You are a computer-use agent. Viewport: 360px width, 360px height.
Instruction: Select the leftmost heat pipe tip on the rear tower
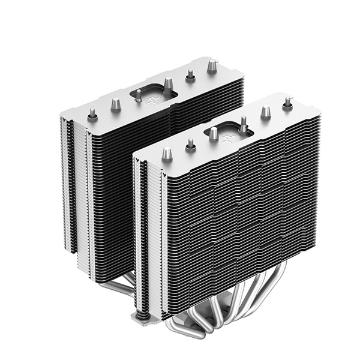click(x=93, y=112)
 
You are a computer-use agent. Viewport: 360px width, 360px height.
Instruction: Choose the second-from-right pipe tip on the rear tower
click(x=190, y=74)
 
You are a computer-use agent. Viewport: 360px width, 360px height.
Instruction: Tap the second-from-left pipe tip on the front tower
click(x=191, y=144)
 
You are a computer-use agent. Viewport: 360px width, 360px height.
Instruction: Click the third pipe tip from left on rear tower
click(x=138, y=94)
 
